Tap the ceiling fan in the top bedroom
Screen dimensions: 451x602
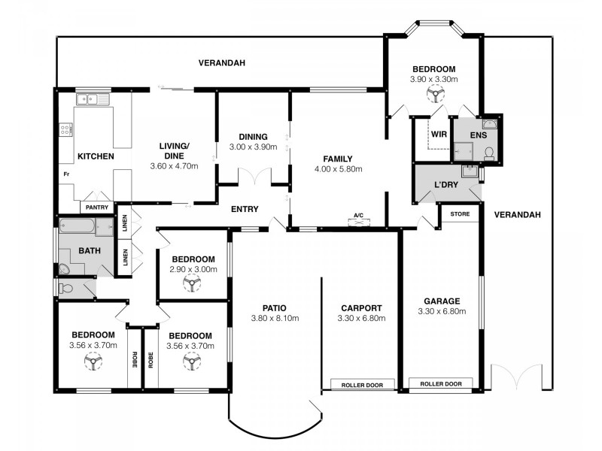pyautogui.click(x=434, y=95)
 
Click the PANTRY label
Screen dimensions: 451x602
pyautogui.click(x=97, y=207)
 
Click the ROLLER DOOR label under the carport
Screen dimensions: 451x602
pyautogui.click(x=363, y=385)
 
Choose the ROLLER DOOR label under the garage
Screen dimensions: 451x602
pyautogui.click(x=441, y=384)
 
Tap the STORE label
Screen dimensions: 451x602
pyautogui.click(x=460, y=214)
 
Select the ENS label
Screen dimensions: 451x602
pyautogui.click(x=479, y=136)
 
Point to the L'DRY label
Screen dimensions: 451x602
pyautogui.click(x=447, y=184)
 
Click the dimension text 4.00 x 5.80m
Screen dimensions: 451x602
pyautogui.click(x=339, y=169)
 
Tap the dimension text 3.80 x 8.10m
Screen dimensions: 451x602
pyautogui.click(x=275, y=318)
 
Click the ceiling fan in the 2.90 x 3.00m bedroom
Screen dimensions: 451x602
pyautogui.click(x=193, y=283)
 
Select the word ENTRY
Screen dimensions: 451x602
pyautogui.click(x=245, y=210)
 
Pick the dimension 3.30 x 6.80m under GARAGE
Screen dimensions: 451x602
pyautogui.click(x=442, y=312)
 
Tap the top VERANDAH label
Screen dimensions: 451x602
pyautogui.click(x=221, y=63)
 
